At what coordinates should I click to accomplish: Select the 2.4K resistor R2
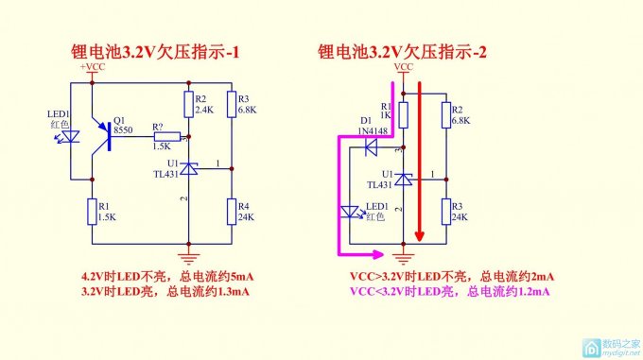188,104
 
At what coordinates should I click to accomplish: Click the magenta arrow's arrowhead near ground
379,254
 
